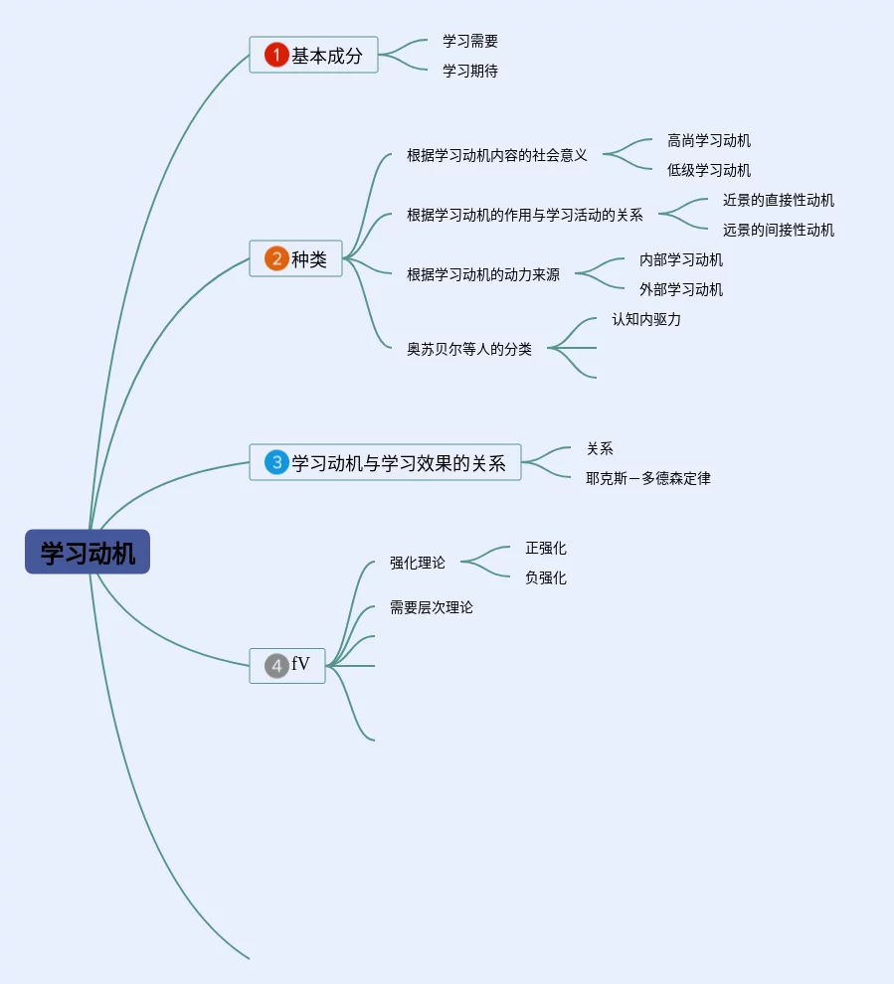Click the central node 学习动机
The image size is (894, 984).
[x=88, y=552]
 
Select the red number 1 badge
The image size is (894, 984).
[x=276, y=55]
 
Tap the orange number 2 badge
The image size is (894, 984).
[x=276, y=258]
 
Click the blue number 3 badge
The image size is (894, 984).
[x=276, y=462]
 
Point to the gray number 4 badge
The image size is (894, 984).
[x=276, y=665]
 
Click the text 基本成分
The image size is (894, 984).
[x=327, y=55]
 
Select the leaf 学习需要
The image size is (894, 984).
[x=470, y=41]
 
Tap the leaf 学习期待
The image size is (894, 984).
[x=470, y=71]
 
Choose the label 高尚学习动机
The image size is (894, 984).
[x=709, y=140]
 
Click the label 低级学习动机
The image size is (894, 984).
[x=709, y=170]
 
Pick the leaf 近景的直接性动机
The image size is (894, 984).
[x=779, y=200]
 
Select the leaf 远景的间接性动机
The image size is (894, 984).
[x=779, y=230]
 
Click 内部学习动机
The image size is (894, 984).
[x=681, y=259]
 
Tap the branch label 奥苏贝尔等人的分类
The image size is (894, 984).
[x=469, y=349]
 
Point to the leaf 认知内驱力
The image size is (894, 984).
[x=646, y=319]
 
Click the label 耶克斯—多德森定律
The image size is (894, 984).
[x=648, y=478]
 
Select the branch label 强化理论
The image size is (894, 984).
[x=418, y=563]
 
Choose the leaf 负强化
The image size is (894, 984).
[x=546, y=577]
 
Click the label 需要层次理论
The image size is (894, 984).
[x=432, y=607]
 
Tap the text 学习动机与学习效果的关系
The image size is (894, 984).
[x=399, y=462]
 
